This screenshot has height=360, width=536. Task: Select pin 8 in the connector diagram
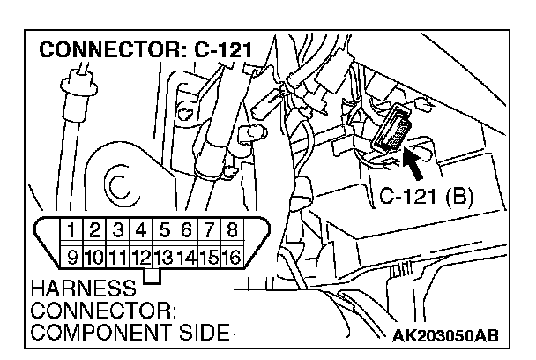tap(231, 230)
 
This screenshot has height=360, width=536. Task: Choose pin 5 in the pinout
tap(162, 230)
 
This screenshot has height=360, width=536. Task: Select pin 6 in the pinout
tap(185, 230)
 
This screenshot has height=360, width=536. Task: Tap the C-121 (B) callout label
tap(426, 194)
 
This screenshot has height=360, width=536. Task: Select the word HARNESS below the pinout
tap(82, 289)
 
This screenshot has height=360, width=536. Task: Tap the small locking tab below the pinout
tap(154, 276)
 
